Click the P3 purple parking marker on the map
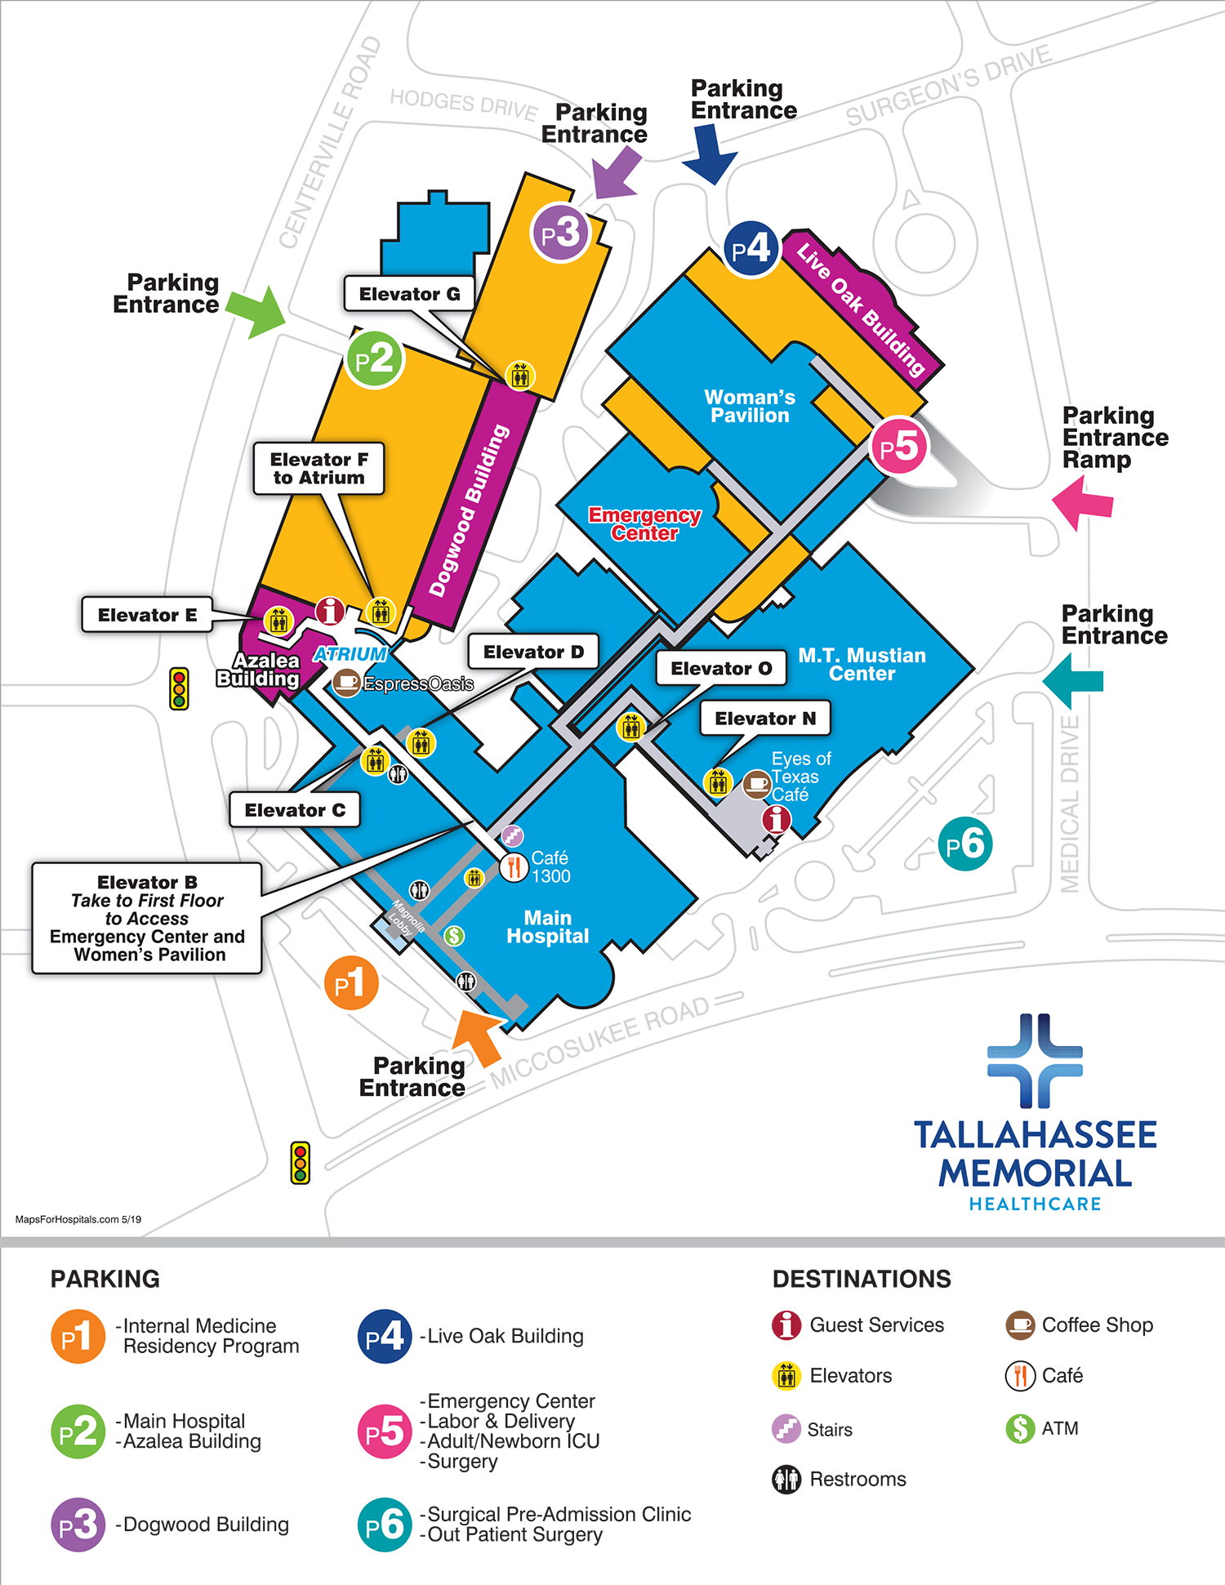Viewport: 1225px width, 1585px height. [x=560, y=234]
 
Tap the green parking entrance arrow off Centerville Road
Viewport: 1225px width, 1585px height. [x=257, y=311]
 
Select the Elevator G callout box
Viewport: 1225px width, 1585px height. [x=409, y=294]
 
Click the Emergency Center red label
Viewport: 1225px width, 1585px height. [x=644, y=524]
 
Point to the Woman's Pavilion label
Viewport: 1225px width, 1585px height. [x=750, y=406]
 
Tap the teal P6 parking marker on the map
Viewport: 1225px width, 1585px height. [x=965, y=844]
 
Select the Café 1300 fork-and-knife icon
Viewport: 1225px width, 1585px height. [x=514, y=866]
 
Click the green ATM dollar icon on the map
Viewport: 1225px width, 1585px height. [x=454, y=935]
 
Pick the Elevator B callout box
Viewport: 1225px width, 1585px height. [x=147, y=918]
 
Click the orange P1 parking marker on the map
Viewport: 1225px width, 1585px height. [x=352, y=983]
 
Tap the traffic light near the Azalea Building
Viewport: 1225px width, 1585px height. [x=179, y=688]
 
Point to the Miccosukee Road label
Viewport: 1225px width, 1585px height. [x=600, y=1042]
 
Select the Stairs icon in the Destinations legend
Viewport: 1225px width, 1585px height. [x=786, y=1429]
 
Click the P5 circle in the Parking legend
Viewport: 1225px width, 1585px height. [x=385, y=1431]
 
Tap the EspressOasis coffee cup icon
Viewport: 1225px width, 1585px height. [x=347, y=681]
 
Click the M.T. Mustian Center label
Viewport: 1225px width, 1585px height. [x=862, y=664]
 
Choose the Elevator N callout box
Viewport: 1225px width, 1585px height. [x=765, y=719]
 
